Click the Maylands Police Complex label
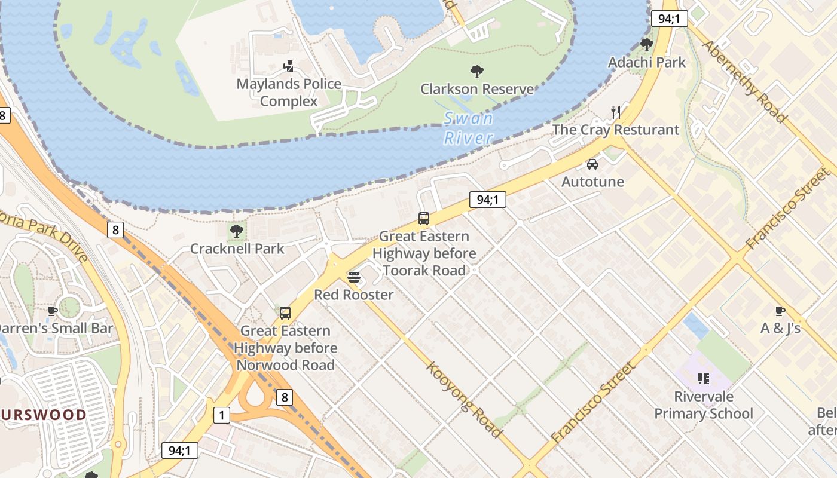(289, 93)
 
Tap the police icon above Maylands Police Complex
(289, 66)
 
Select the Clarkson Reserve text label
(477, 89)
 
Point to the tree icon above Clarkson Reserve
(477, 72)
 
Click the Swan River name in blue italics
(469, 128)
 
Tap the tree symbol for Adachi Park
(646, 45)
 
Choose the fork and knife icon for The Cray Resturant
(616, 112)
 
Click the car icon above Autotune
(592, 164)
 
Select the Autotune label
(592, 182)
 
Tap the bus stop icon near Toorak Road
(424, 219)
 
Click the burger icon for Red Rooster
(354, 277)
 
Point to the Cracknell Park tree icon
(237, 231)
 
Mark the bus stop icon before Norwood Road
(285, 312)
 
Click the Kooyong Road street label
(464, 399)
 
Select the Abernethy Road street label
(744, 81)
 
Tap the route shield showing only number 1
(222, 415)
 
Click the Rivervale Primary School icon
(703, 378)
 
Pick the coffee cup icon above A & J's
(780, 311)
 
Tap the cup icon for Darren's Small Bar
(53, 311)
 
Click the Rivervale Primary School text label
(703, 405)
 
